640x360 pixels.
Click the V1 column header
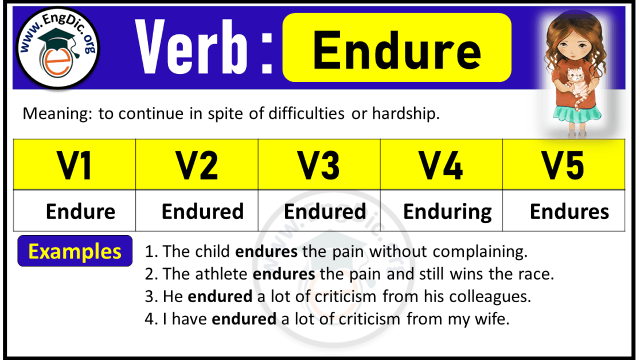click(75, 165)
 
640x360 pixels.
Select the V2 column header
click(197, 165)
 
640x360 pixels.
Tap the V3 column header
click(319, 165)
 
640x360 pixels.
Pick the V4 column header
click(441, 165)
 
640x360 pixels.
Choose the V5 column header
click(564, 165)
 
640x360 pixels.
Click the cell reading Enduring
click(447, 212)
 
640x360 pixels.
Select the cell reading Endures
click(569, 212)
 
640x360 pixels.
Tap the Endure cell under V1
click(80, 212)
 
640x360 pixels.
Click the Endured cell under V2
click(202, 212)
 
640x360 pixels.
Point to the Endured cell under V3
click(325, 212)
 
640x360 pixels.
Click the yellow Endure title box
click(396, 48)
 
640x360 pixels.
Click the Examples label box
click(75, 251)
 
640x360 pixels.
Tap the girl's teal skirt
click(571, 119)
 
